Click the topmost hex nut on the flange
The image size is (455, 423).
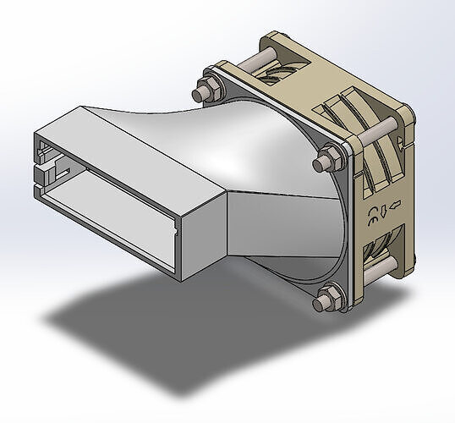pos(206,89)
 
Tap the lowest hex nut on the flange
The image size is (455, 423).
pos(326,300)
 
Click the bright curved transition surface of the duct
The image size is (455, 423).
pos(254,152)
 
